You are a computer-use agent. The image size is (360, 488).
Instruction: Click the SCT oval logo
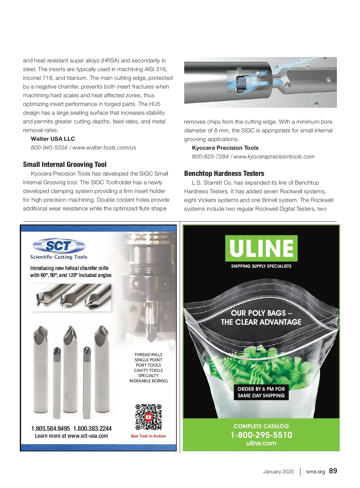[59, 246]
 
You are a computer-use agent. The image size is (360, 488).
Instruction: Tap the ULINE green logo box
[261, 248]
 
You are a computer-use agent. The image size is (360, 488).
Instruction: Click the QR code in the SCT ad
[148, 417]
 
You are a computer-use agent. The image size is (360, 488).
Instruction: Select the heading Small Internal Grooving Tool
[65, 164]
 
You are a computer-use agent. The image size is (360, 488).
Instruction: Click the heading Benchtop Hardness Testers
[224, 173]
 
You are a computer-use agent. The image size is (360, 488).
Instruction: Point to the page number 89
[333, 471]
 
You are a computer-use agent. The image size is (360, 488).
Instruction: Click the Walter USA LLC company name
[53, 139]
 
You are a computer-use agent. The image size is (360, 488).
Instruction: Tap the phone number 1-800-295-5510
[261, 435]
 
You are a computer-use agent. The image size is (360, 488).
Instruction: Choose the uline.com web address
[261, 443]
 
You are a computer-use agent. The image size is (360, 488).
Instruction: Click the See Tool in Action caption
[148, 436]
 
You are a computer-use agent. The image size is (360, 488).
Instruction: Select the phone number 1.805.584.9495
[50, 428]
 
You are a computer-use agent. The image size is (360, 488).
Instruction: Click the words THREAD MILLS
[148, 354]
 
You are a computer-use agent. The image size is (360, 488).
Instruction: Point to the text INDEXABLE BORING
[148, 381]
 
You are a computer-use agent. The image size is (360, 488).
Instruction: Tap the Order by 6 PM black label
[261, 392]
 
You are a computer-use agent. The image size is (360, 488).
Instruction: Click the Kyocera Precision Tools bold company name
[225, 148]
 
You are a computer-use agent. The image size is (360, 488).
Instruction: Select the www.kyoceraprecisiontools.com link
[274, 156]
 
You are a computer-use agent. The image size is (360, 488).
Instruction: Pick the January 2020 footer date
[278, 471]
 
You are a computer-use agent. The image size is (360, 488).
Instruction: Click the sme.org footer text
[315, 471]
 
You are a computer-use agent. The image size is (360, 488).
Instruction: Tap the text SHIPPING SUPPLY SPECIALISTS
[261, 266]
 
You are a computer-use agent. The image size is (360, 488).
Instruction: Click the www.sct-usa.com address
[88, 436]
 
